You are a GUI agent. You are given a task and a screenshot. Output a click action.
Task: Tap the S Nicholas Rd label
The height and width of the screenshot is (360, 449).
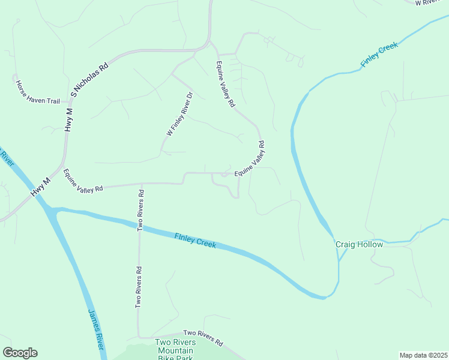pos(89,78)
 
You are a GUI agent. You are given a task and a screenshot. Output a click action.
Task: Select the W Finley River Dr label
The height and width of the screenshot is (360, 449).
pos(179,114)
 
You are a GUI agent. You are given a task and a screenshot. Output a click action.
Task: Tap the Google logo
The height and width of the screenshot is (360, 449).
pos(20,353)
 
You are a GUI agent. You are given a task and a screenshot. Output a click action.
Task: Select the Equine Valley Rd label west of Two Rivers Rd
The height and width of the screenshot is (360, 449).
pos(83,180)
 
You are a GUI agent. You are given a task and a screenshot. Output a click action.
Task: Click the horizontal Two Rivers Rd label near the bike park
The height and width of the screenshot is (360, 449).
pos(203,337)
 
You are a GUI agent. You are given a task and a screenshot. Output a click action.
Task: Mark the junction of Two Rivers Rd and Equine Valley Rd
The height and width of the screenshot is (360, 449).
pos(141,184)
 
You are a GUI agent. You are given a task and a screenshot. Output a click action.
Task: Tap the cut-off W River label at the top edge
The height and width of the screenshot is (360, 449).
pos(431,2)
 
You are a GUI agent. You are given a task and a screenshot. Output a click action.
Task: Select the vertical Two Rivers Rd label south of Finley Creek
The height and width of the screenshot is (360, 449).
pos(139,287)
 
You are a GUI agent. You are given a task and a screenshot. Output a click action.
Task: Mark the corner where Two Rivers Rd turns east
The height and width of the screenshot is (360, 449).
pos(140,337)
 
